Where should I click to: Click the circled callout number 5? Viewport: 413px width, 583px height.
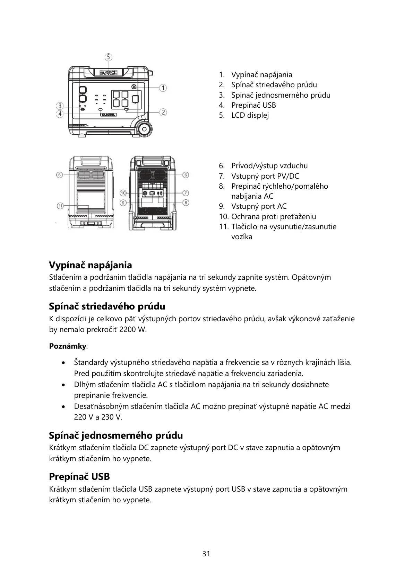(x=109, y=57)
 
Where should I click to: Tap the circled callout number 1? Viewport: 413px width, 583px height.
(x=163, y=88)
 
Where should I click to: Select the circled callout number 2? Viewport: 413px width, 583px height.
(x=163, y=112)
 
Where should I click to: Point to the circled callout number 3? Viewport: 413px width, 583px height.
(x=60, y=106)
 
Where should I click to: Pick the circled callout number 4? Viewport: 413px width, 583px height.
(x=60, y=114)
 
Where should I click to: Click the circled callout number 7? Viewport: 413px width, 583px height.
(x=186, y=192)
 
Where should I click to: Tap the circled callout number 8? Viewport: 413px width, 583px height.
(x=186, y=202)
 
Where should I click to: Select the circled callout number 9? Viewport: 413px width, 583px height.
(x=123, y=202)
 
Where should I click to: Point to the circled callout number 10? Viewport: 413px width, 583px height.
(x=123, y=192)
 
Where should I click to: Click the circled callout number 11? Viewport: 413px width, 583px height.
(x=60, y=206)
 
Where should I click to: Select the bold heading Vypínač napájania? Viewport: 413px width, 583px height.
(x=91, y=265)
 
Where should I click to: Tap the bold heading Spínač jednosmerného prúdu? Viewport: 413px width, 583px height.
(x=116, y=435)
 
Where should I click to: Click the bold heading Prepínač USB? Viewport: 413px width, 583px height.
(x=79, y=477)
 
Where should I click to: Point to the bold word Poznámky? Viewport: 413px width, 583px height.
(x=68, y=346)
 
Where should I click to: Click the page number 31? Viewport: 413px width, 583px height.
(x=206, y=554)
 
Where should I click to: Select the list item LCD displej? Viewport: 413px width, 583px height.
(x=250, y=115)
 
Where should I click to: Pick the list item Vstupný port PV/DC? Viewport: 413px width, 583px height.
(x=265, y=176)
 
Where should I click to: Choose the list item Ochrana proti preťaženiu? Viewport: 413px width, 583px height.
(x=274, y=217)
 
